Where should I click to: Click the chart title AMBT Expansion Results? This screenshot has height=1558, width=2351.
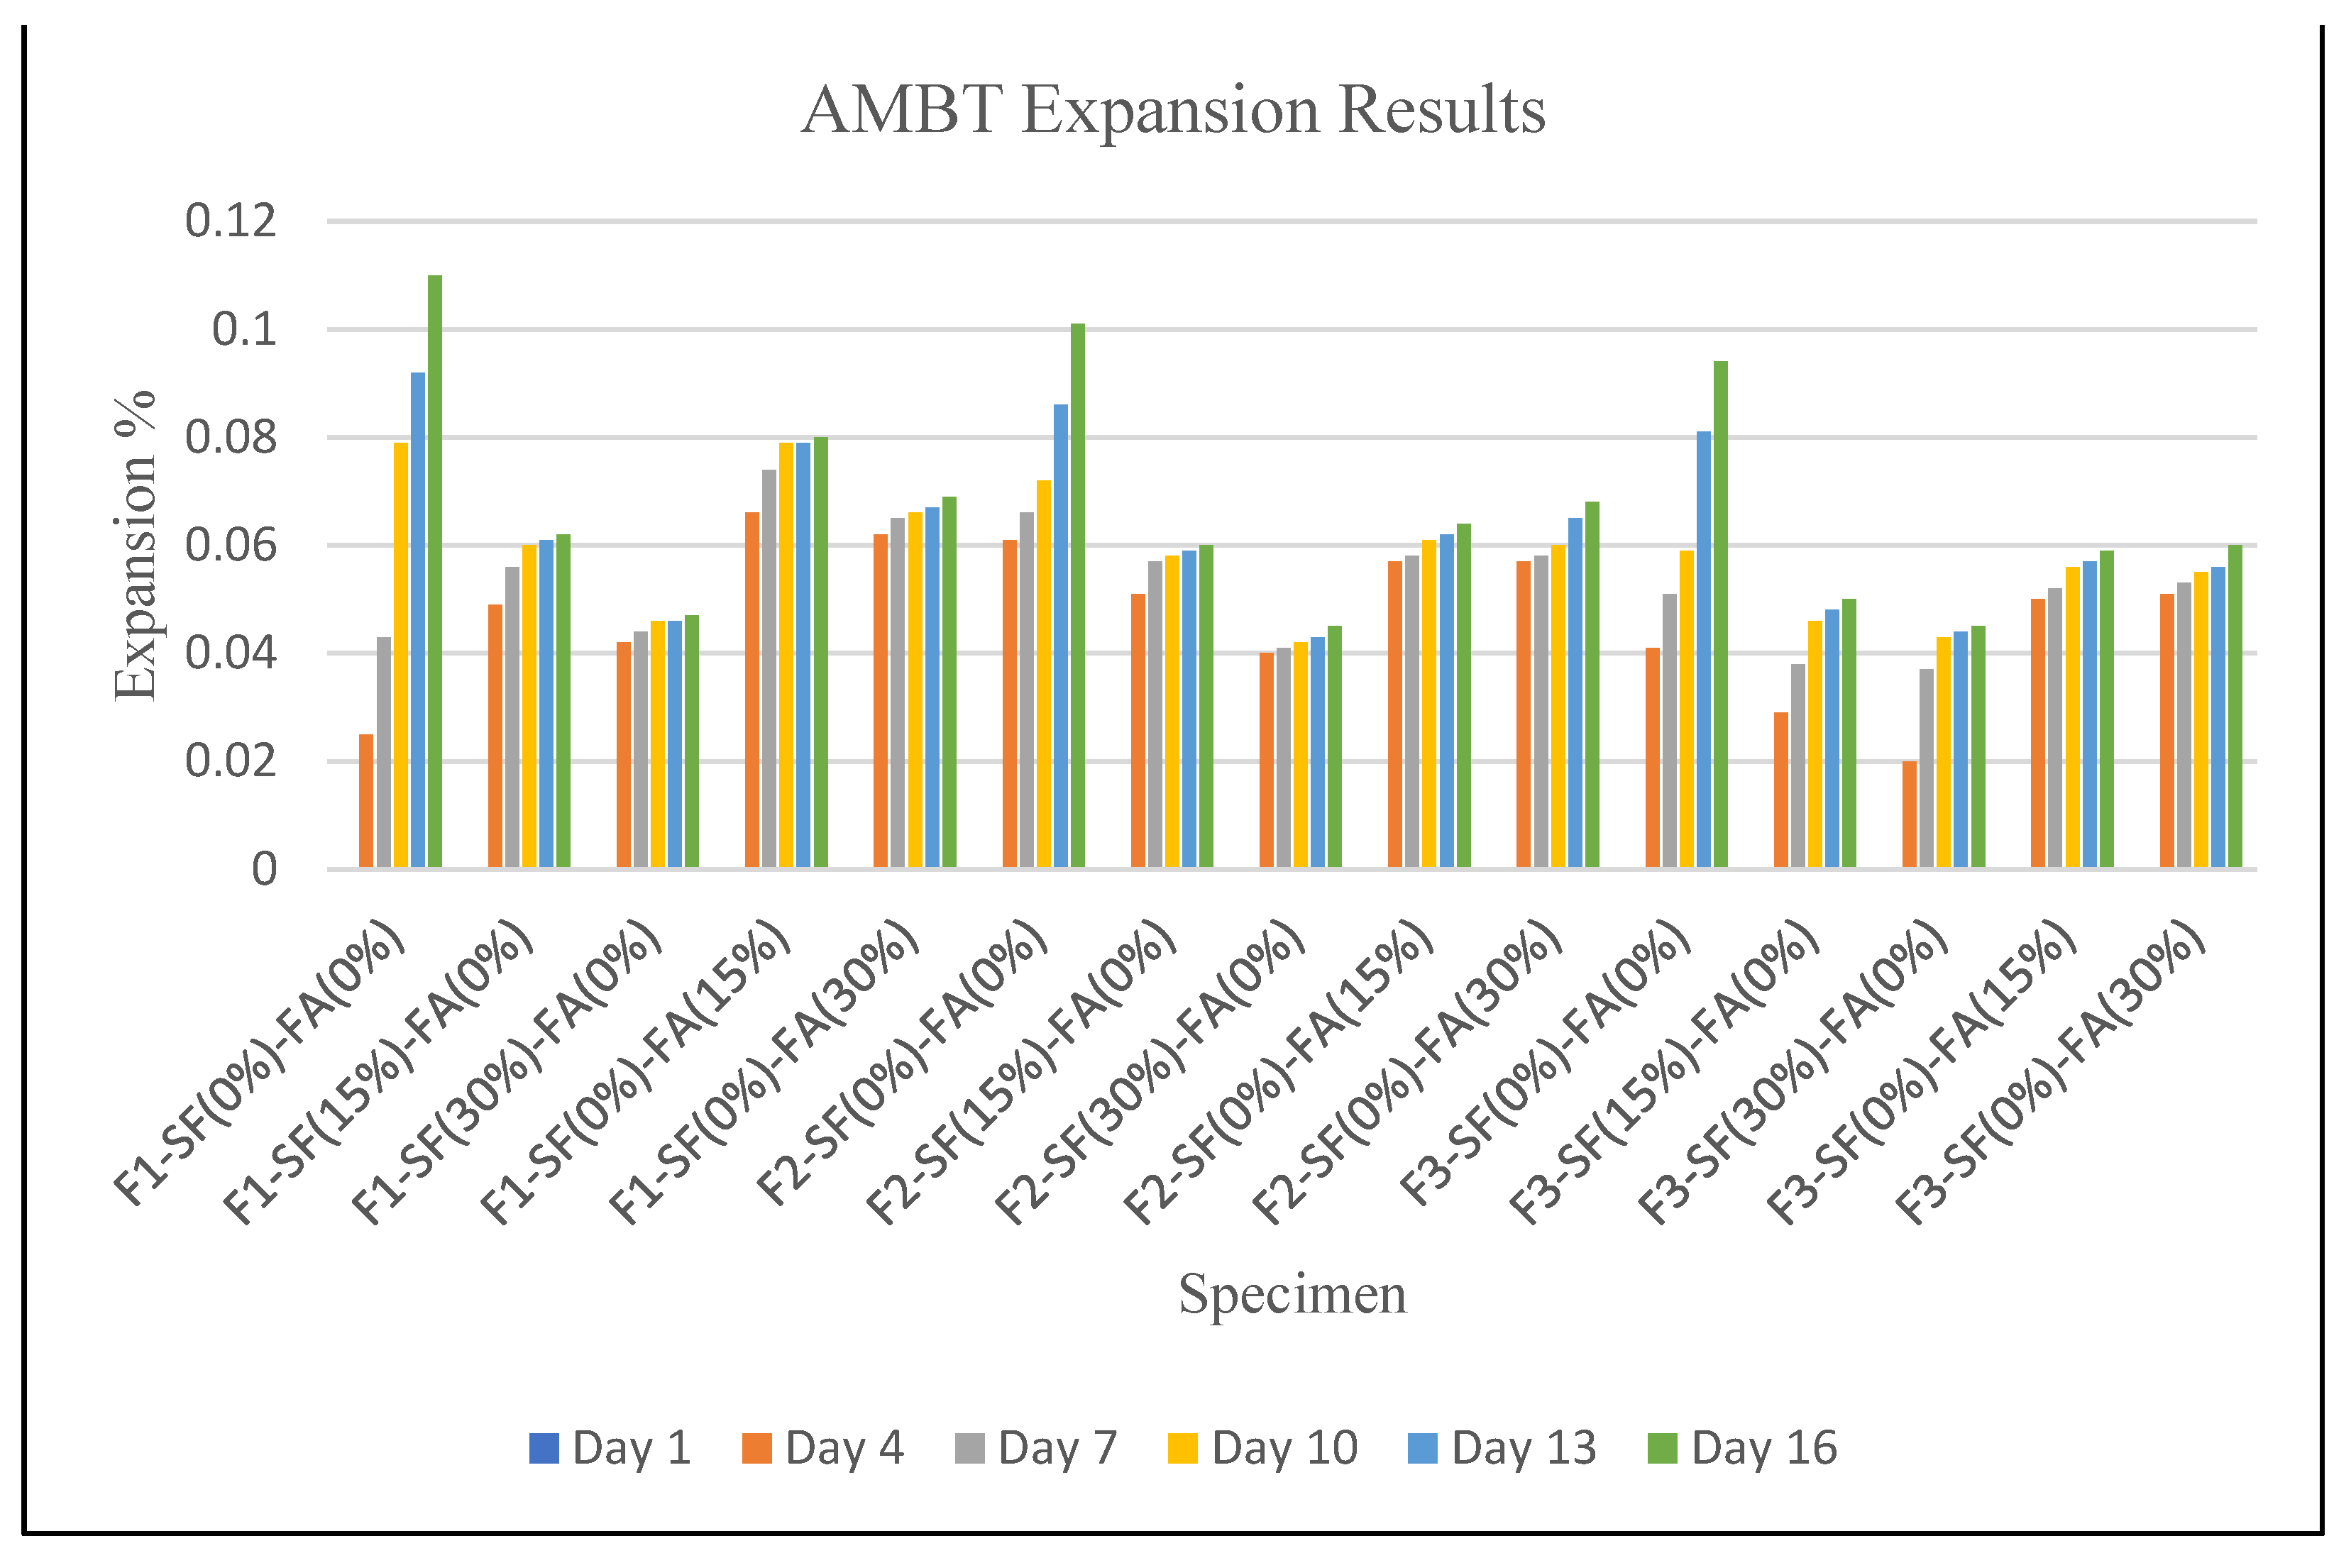[1174, 109]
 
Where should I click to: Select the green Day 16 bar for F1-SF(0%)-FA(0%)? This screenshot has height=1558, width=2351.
[435, 571]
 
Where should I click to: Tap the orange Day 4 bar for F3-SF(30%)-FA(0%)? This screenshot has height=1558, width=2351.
[1909, 814]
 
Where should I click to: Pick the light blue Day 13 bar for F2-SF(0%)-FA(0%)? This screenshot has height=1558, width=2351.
[1061, 636]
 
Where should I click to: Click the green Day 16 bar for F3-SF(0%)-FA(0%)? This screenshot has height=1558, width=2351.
[1720, 614]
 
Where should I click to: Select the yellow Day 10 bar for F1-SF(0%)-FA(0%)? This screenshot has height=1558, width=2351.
[400, 656]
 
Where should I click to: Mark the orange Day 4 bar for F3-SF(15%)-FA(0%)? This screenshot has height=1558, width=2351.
[1780, 790]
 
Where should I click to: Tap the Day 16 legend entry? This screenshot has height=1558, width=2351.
[1743, 1448]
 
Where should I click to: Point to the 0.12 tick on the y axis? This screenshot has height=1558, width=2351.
[231, 221]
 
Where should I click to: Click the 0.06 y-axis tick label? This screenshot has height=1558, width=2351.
[231, 546]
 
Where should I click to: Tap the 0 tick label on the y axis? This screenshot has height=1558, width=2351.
[264, 869]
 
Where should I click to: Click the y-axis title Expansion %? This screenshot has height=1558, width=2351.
[136, 546]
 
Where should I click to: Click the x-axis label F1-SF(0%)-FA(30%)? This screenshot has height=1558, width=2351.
[765, 1073]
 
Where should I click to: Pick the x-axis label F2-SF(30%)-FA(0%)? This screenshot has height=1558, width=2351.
[1150, 1073]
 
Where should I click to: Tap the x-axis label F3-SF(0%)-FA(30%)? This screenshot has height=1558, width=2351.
[2051, 1073]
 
